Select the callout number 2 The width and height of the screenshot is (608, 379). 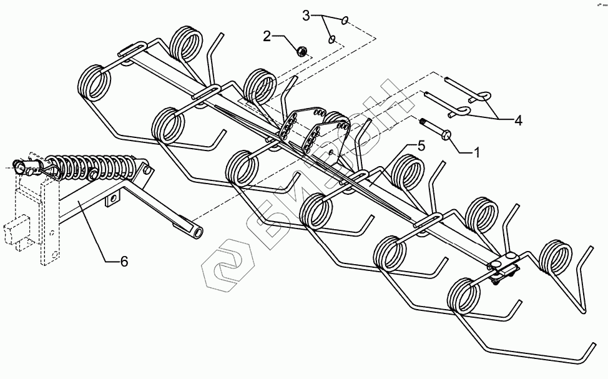[x=267, y=36]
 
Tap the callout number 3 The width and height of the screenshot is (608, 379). [x=306, y=16]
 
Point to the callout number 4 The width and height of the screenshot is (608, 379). [x=518, y=120]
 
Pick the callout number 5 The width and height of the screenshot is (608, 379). [x=421, y=147]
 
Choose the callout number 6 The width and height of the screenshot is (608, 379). [x=124, y=262]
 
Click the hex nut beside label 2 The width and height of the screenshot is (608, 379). [x=300, y=51]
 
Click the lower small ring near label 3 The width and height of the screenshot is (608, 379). [x=333, y=39]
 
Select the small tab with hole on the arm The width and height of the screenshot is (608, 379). [x=112, y=200]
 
